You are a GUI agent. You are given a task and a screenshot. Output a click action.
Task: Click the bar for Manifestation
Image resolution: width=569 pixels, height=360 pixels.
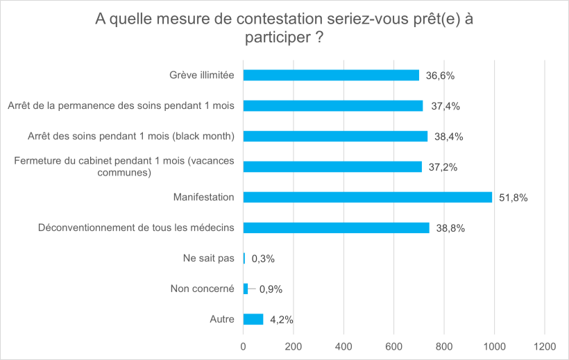point(368,197)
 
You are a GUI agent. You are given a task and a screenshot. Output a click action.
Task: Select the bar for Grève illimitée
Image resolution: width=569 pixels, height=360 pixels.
point(331,75)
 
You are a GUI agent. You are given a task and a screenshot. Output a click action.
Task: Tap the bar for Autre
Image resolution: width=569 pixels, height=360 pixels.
point(253,319)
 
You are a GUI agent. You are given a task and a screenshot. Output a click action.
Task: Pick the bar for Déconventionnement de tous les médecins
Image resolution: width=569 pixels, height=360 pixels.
point(337,228)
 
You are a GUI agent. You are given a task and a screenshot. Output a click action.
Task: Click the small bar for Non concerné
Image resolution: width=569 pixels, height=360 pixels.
point(246,289)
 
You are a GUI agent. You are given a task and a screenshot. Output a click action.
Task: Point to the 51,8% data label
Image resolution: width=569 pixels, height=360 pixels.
point(513,198)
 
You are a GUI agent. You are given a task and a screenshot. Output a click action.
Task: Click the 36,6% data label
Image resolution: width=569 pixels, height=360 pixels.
point(441,76)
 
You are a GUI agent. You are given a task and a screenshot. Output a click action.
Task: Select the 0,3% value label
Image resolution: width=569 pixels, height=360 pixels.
point(263,259)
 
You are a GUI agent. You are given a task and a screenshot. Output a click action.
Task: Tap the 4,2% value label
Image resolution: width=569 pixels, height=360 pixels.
point(280,320)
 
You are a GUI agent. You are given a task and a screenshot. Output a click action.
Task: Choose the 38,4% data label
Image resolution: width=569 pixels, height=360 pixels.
point(449,137)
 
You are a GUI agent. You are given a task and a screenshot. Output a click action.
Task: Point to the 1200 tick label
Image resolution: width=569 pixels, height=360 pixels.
point(544,346)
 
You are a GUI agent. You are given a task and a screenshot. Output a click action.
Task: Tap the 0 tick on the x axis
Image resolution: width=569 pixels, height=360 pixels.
point(244,346)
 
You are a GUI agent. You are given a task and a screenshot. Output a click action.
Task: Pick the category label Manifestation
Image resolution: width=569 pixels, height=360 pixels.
point(203,197)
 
